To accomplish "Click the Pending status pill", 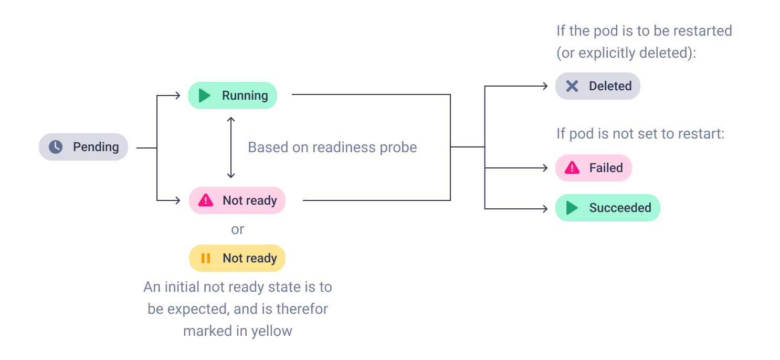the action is (83, 147).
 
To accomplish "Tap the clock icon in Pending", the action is (56, 147).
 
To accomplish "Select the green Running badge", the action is (232, 96).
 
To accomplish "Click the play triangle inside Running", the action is (204, 96).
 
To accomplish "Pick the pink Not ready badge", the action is (237, 200).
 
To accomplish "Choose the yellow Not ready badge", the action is (237, 258).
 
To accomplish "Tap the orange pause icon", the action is (206, 258).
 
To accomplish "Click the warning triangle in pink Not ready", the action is (206, 200).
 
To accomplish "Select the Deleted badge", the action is (597, 86).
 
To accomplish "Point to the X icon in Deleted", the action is (572, 86).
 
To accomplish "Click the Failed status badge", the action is (593, 168).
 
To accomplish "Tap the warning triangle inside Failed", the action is (572, 168).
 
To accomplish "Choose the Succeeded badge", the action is (608, 208).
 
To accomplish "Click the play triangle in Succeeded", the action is (572, 208).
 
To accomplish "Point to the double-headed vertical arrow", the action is (231, 147).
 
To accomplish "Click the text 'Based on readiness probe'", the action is (332, 147).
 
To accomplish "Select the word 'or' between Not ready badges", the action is (237, 229).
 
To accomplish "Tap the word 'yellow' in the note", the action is (272, 331).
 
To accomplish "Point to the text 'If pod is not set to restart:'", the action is (640, 134).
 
